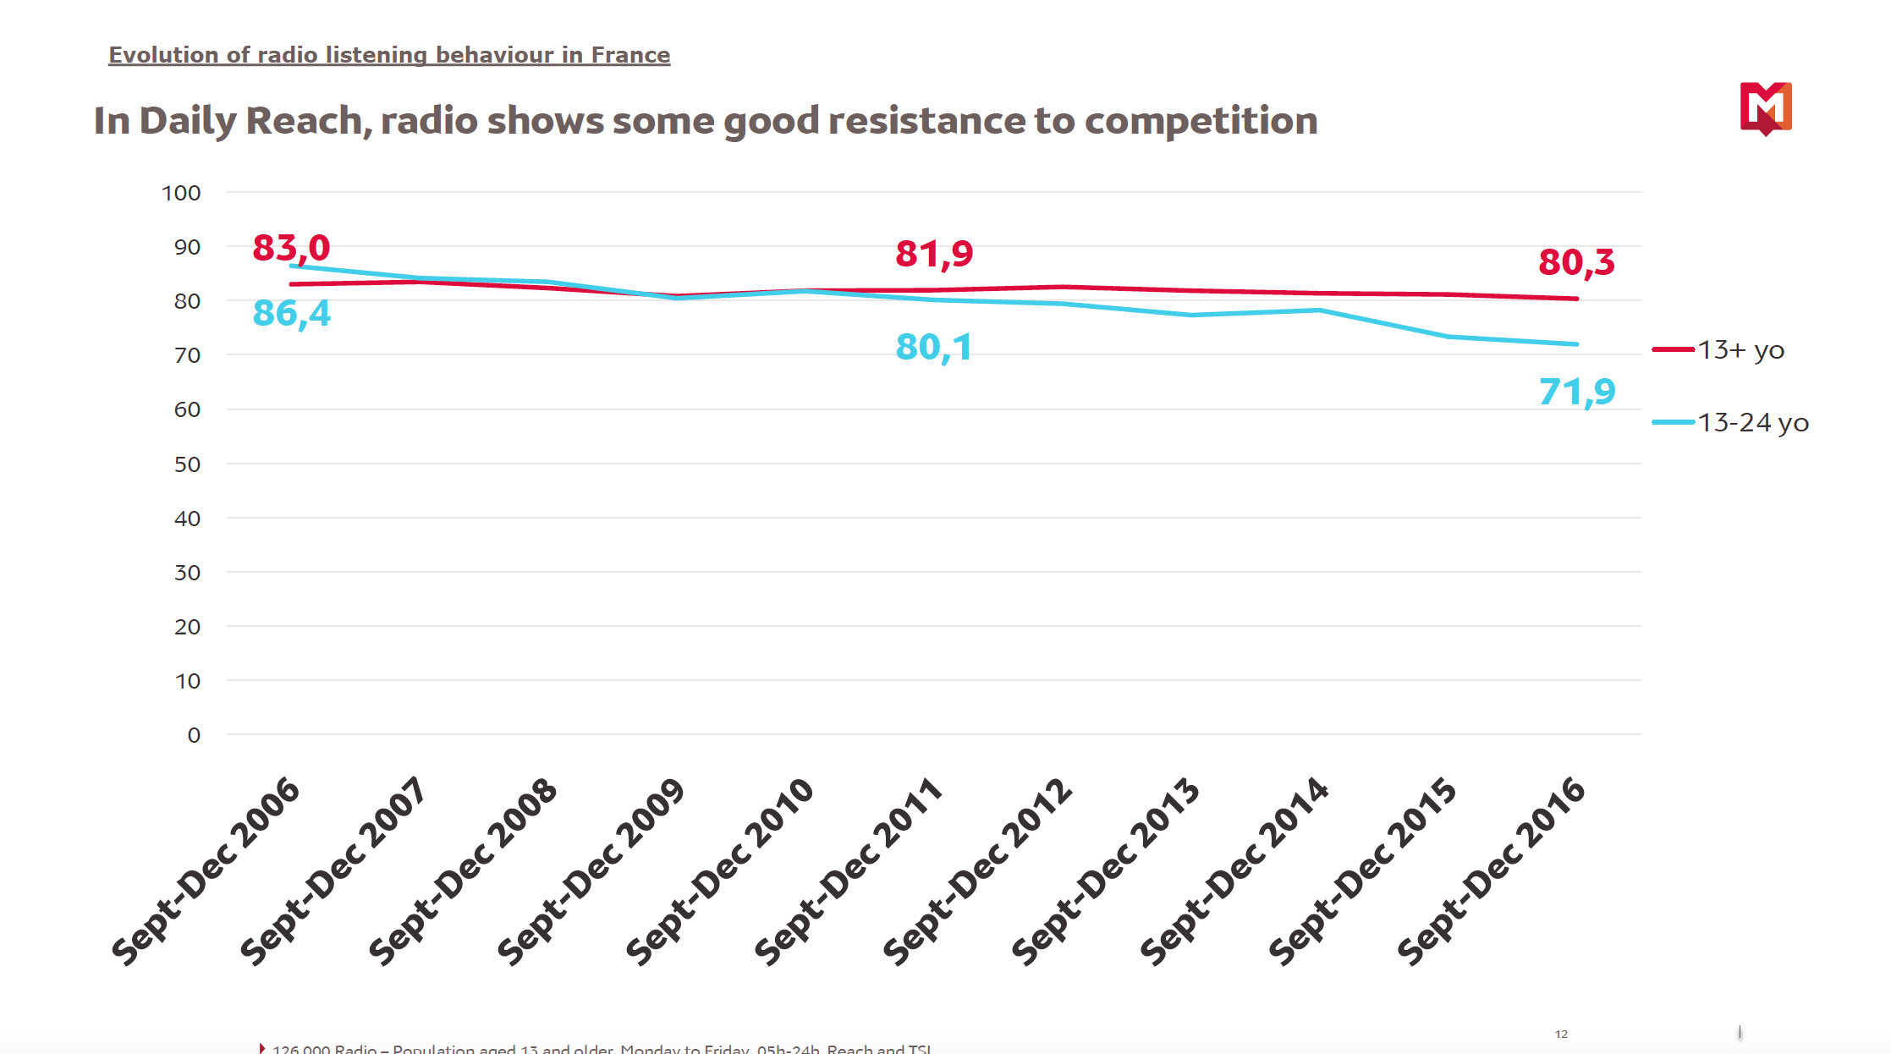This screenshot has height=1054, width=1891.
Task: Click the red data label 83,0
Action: (x=291, y=249)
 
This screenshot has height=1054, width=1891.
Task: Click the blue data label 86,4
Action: (x=291, y=314)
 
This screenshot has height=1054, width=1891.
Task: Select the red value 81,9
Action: (x=934, y=254)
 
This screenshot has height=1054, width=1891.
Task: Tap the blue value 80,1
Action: (x=934, y=348)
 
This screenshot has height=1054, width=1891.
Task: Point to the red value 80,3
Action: (x=1576, y=262)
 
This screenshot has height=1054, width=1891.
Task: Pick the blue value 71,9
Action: (x=1577, y=392)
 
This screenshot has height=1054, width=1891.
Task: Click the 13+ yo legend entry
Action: (x=1740, y=349)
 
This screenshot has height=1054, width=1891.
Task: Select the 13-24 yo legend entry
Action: (x=1751, y=422)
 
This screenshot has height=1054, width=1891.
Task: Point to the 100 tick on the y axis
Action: (x=181, y=193)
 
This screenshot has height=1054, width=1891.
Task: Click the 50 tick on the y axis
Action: (x=187, y=464)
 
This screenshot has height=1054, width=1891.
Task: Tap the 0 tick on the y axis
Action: (x=194, y=735)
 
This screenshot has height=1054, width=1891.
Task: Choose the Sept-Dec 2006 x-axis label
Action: (x=206, y=871)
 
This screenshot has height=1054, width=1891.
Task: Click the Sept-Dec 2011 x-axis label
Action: (x=849, y=871)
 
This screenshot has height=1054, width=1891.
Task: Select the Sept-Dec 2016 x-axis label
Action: (x=1492, y=871)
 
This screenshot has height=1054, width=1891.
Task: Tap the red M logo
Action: (x=1766, y=107)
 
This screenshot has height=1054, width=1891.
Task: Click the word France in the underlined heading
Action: (x=630, y=55)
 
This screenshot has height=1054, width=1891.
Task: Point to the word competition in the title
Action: (x=1201, y=121)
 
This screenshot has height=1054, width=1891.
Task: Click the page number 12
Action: (x=1561, y=1034)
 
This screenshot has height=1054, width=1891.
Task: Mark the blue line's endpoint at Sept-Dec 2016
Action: (x=1577, y=344)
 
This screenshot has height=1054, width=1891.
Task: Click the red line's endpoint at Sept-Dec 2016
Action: (x=1577, y=299)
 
